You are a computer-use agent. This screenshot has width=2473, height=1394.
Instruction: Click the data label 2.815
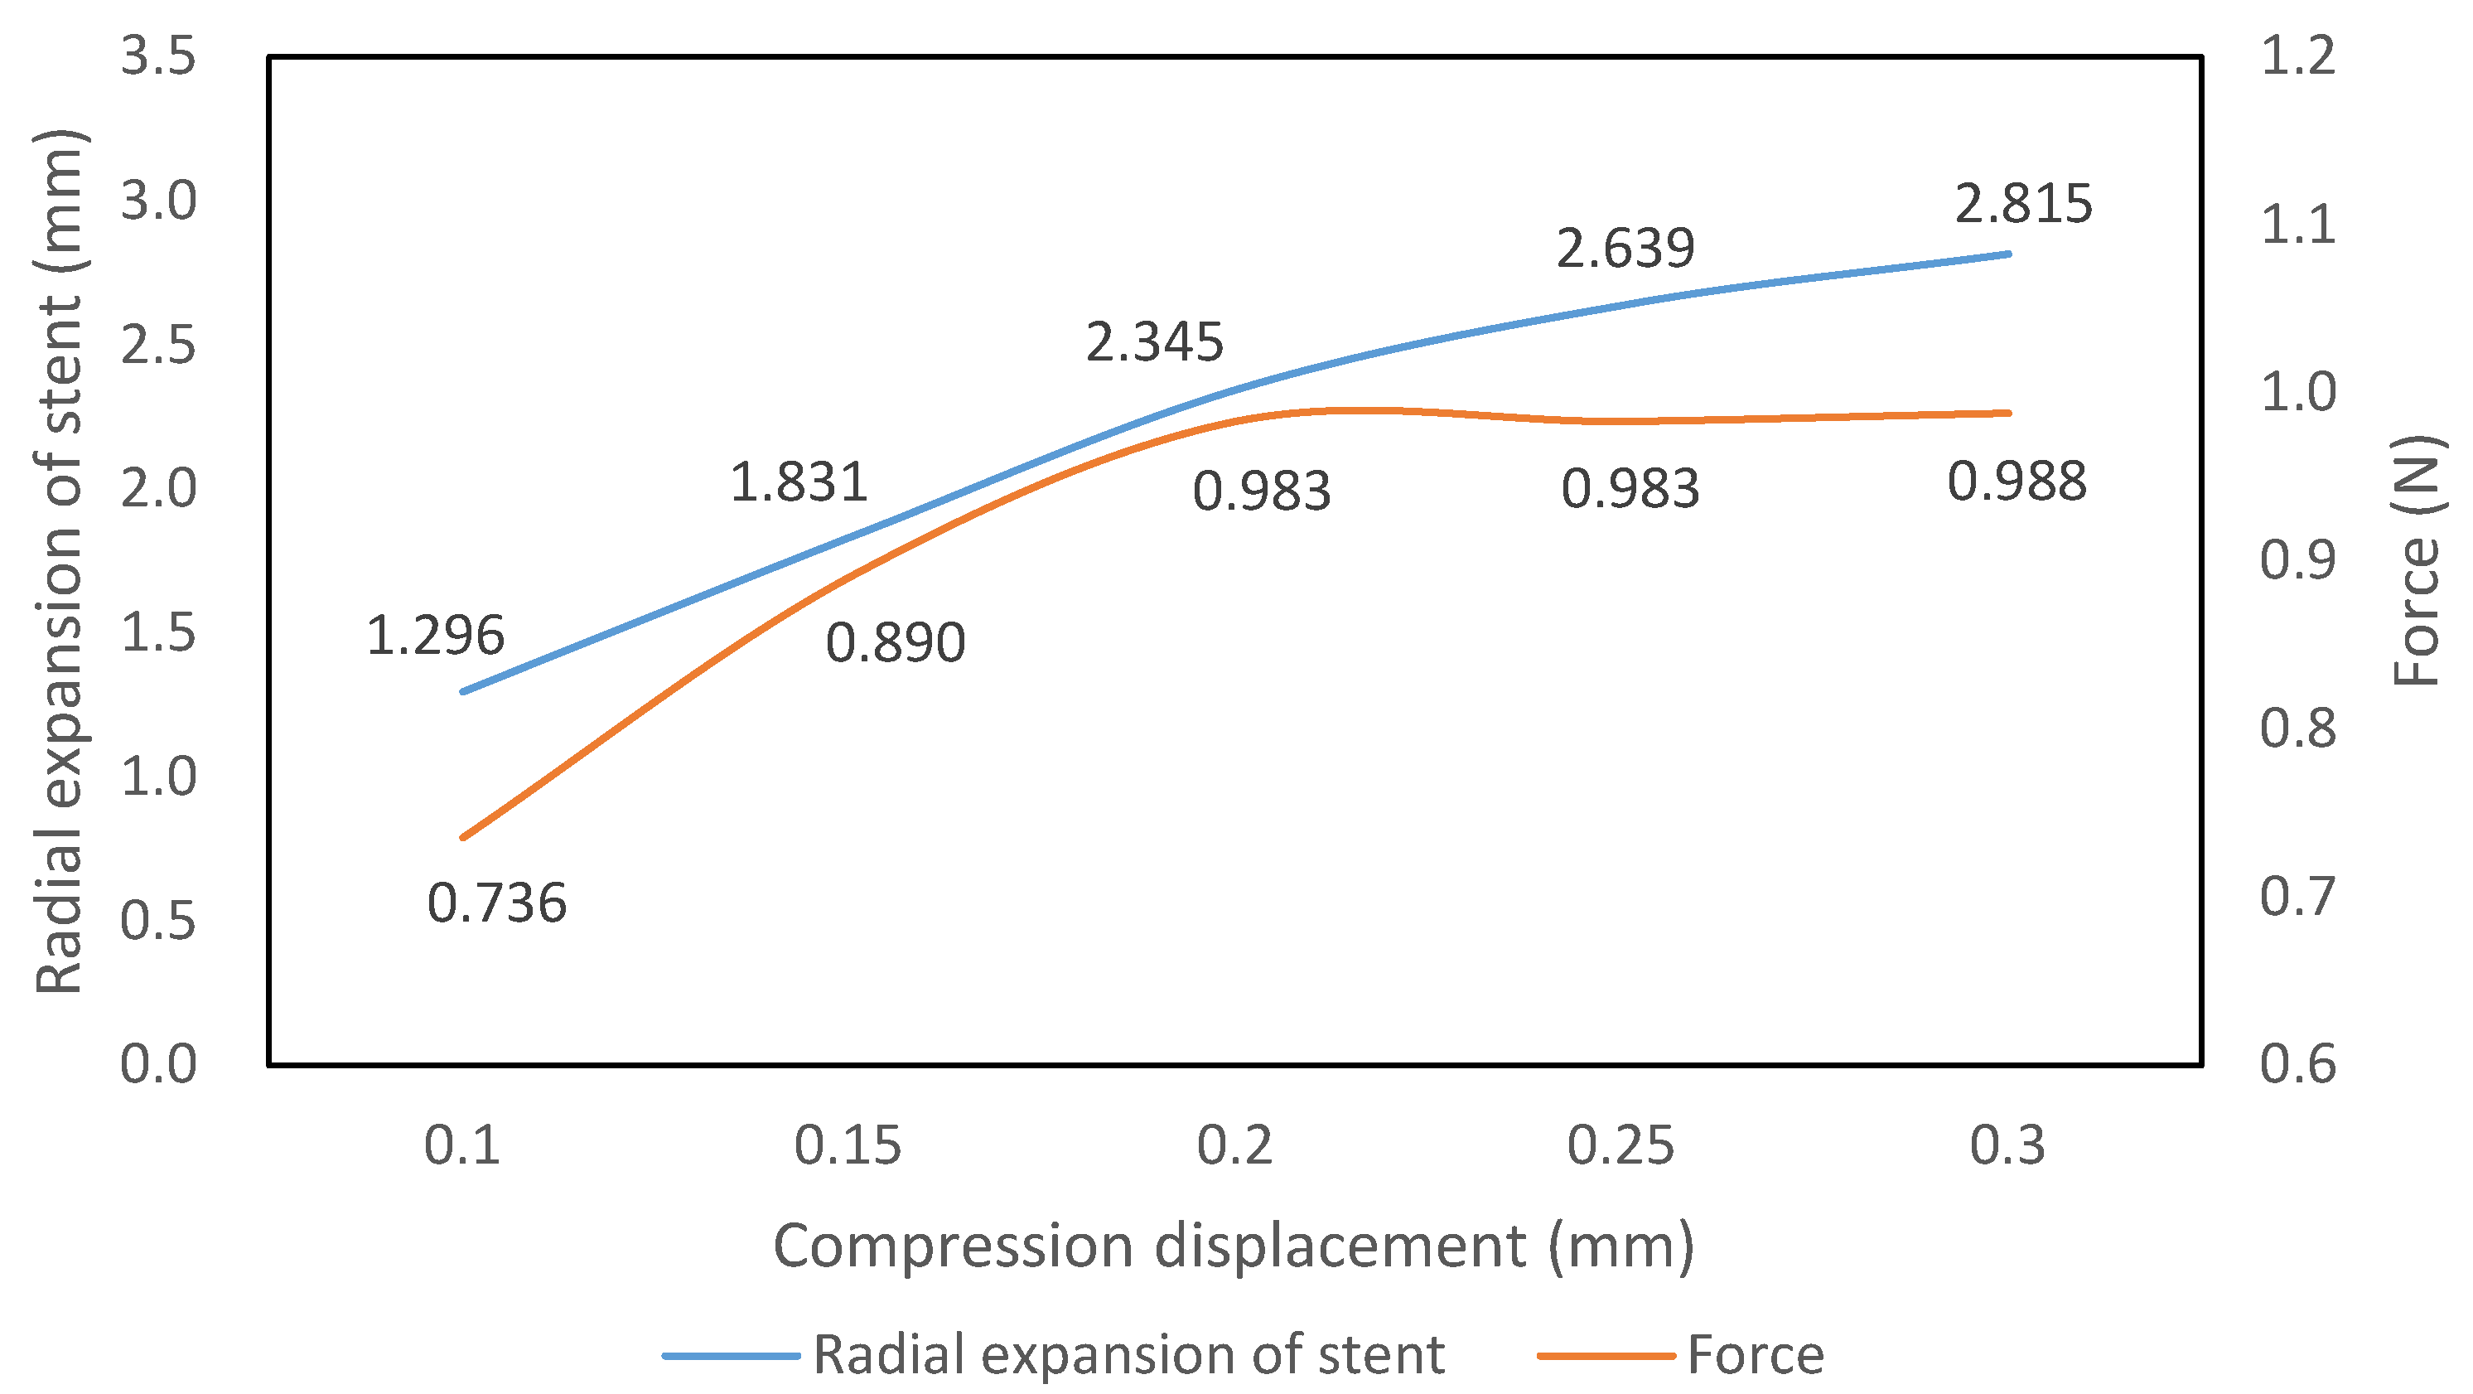pos(2023,204)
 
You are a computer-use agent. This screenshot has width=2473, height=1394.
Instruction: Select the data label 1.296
pos(435,636)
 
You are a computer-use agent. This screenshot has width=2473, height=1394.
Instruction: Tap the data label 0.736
pos(496,903)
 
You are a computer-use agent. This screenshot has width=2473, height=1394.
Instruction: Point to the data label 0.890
pos(895,642)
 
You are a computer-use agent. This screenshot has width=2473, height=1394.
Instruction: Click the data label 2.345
pos(1154,341)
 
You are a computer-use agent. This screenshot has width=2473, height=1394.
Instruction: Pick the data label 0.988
pos(2016,481)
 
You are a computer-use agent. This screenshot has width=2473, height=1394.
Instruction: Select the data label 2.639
pos(1625,249)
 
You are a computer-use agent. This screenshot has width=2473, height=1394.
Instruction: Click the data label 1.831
pos(799,482)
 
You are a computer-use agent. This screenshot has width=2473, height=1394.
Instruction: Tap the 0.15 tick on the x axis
pos(848,1145)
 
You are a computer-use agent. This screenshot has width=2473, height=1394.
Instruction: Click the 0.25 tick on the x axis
pos(1620,1145)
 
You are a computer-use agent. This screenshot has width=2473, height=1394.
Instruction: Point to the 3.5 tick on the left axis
pos(158,56)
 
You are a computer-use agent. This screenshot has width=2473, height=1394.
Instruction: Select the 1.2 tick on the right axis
pos(2298,56)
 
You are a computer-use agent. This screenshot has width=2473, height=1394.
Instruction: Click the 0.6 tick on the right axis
pos(2298,1064)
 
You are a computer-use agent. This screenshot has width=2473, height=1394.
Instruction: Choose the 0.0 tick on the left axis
pos(158,1064)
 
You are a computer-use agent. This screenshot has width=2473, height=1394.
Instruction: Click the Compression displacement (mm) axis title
pos(1234,1246)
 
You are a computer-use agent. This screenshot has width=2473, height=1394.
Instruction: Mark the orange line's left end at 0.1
pos(464,837)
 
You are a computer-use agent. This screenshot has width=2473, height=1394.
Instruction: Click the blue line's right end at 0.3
pos(2007,254)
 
